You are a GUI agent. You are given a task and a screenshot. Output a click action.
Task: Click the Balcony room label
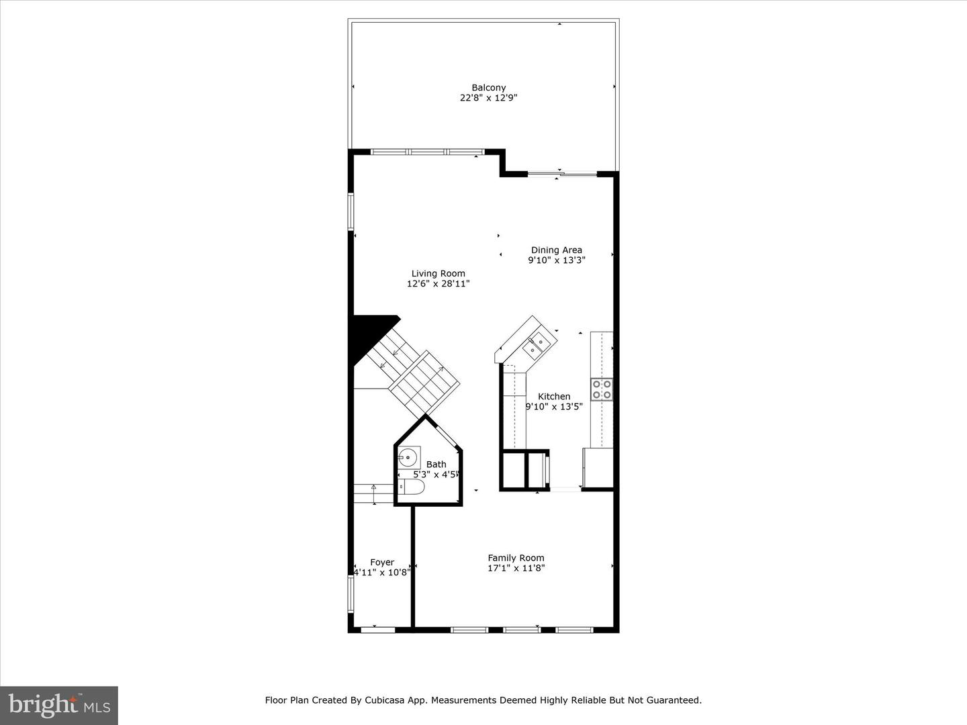click(488, 87)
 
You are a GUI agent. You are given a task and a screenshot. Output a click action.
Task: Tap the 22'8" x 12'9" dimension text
click(488, 98)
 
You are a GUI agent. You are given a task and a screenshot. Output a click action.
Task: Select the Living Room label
click(438, 273)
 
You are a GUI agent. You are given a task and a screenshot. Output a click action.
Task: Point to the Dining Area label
click(556, 250)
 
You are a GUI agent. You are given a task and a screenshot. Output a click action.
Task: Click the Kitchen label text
click(554, 396)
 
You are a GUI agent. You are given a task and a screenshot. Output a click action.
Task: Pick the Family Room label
click(516, 558)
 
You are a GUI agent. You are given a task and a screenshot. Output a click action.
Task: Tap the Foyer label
click(382, 563)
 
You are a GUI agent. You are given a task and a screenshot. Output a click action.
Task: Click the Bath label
click(436, 464)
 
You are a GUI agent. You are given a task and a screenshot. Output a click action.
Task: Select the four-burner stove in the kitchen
click(602, 389)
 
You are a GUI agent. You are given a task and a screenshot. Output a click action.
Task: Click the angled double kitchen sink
click(536, 346)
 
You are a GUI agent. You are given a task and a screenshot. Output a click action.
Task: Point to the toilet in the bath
click(410, 487)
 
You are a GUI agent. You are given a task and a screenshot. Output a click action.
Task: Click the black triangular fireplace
click(368, 336)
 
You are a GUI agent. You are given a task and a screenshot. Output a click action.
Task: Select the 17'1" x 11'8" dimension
click(516, 568)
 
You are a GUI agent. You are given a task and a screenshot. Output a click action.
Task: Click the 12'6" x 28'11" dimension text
click(438, 284)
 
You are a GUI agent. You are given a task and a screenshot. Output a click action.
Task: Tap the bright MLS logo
click(59, 705)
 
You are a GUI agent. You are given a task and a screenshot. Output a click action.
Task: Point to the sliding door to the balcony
click(562, 175)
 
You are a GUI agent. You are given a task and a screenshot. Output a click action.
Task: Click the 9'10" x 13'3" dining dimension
click(556, 260)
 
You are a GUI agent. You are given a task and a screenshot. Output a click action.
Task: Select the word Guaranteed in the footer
click(674, 700)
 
